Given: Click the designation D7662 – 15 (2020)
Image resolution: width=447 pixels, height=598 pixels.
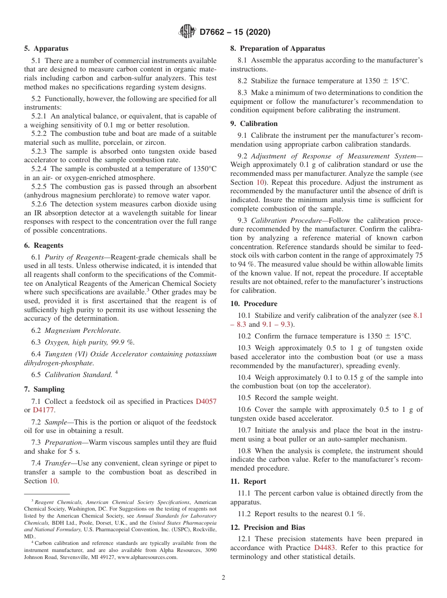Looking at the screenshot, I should tap(235, 32).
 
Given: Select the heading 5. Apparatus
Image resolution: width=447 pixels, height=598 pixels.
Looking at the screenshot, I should tap(46, 48).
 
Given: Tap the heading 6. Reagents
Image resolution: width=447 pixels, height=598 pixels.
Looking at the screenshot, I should tap(44, 245).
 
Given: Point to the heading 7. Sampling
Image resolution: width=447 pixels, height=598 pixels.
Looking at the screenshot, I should tap(44, 389).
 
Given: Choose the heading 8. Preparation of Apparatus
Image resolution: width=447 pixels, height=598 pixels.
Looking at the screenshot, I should tap(278, 48).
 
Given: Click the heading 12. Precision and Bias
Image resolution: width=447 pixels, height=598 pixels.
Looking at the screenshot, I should tap(267, 527).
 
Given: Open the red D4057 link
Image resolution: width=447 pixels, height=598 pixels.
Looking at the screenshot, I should tap(206, 401).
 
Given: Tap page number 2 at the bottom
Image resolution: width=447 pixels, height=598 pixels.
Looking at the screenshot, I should tap(223, 578).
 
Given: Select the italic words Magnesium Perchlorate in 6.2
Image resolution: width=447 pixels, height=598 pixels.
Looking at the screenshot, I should tap(82, 330).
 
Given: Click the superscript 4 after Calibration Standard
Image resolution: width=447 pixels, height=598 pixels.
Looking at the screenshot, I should tap(116, 373).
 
